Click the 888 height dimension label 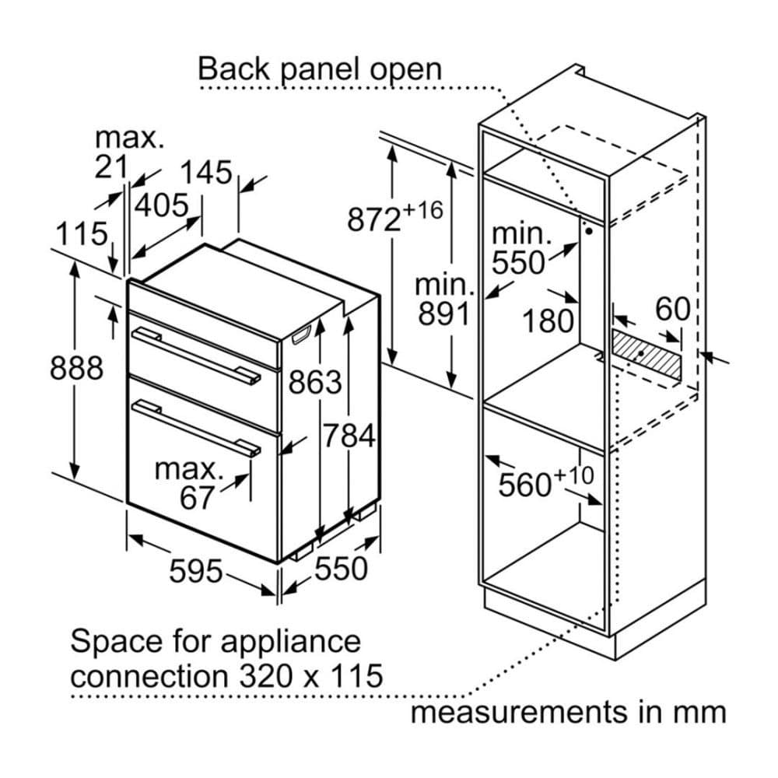pos(76,368)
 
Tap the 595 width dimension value pos(195,572)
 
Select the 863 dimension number pos(315,382)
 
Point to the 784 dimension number pos(349,436)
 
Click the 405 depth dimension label pos(162,205)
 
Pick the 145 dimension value pos(206,172)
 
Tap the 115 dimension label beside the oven pos(81,233)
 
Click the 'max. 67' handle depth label pos(186,483)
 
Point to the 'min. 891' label pos(443,300)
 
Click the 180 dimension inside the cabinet pos(547,320)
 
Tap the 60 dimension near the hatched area pos(672,309)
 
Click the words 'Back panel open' pos(319,68)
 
